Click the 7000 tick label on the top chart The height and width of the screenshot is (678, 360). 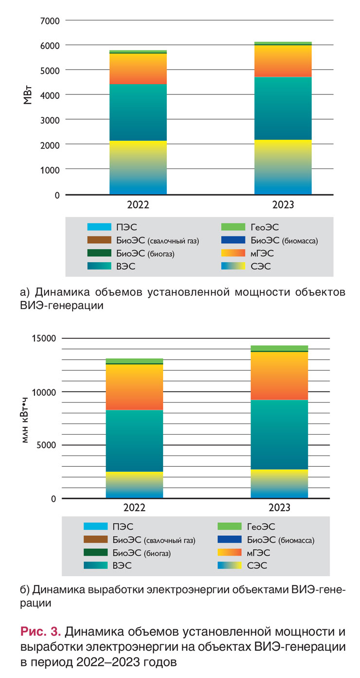point(49,21)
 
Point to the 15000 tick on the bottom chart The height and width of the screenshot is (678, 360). point(44,338)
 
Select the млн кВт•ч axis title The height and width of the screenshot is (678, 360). point(25,418)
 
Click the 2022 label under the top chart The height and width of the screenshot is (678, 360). point(138,205)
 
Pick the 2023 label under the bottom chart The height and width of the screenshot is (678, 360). point(279,508)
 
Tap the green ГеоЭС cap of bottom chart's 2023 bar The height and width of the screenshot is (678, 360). point(279,348)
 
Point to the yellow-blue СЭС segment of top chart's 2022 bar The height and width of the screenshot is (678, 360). point(138,167)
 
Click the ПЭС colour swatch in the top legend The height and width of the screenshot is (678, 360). point(100,227)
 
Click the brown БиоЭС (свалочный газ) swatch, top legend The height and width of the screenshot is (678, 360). point(100,240)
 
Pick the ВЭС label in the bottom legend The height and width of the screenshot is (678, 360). point(122,566)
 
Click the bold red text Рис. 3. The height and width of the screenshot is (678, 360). point(40,632)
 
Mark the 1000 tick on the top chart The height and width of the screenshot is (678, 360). point(49,170)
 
